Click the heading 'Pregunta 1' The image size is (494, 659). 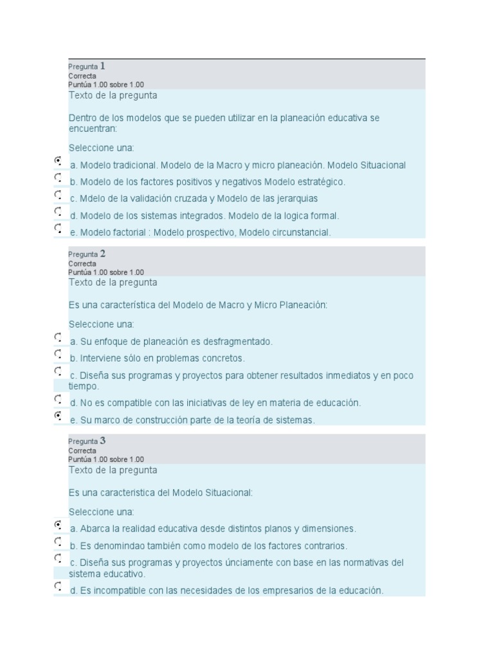point(87,66)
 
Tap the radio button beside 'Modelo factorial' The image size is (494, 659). point(58,227)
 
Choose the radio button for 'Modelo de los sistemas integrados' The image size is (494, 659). point(58,210)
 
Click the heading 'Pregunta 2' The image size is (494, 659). point(87,254)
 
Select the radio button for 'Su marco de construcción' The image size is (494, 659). point(58,415)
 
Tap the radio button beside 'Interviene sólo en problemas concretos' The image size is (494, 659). point(58,353)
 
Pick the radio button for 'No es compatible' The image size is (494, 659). point(58,398)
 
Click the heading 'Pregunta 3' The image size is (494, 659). point(87,441)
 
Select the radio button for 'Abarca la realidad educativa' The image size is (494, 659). point(58,524)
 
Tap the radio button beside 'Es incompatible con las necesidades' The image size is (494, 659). point(58,586)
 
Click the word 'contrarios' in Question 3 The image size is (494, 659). point(324,546)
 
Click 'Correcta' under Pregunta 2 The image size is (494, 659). point(82,264)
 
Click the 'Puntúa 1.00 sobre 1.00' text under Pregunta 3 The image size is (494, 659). point(106,459)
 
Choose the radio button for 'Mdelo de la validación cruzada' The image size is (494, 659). point(58,194)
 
